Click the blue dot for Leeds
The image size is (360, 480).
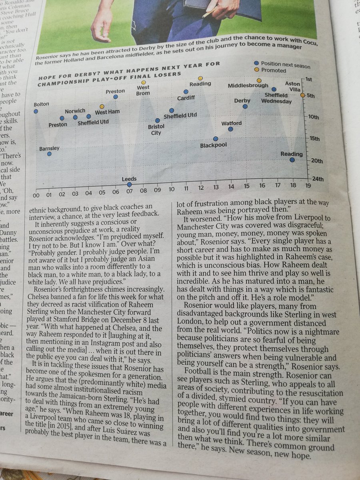129,184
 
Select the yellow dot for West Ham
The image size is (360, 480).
102,106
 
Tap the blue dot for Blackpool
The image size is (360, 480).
216,138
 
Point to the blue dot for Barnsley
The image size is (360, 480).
49,154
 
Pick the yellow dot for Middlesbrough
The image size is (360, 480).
259,80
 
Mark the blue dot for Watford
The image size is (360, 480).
230,129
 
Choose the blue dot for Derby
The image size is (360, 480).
245,106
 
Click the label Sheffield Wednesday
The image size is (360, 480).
276,98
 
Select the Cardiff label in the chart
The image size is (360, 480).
186,98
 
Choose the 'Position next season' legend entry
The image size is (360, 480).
285,64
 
